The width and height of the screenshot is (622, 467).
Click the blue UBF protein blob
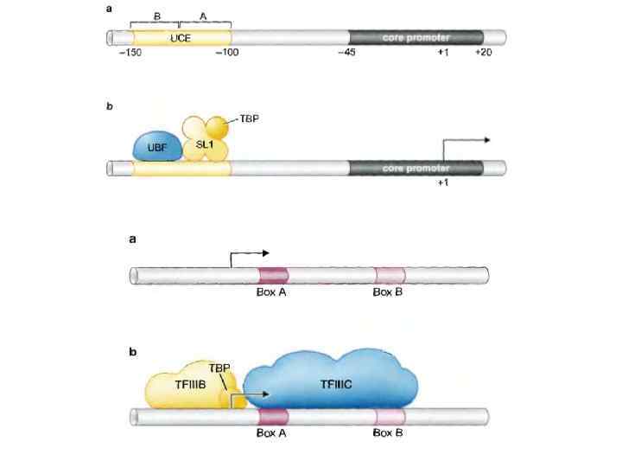(x=156, y=146)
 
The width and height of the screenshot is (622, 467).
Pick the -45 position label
(x=348, y=54)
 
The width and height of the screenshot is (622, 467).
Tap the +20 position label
(x=486, y=54)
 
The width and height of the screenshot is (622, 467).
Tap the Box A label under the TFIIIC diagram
(x=272, y=432)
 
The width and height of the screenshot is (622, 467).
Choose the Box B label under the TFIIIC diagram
(x=388, y=432)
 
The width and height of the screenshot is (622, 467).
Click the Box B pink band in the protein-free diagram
(x=389, y=275)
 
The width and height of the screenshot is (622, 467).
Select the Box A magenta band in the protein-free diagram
(x=273, y=275)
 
